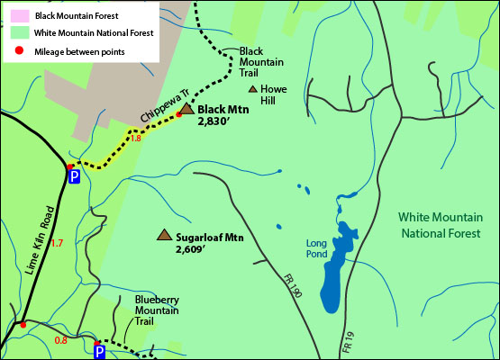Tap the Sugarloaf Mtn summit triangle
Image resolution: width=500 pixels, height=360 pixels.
click(x=164, y=235)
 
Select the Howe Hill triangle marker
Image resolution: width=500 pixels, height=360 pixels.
click(x=252, y=90)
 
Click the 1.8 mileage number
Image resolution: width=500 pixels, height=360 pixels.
click(x=136, y=139)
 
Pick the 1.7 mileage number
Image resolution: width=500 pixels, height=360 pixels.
click(x=57, y=243)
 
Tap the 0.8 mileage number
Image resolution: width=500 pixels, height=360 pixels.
click(x=61, y=340)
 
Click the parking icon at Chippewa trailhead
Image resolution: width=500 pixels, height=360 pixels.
click(x=75, y=178)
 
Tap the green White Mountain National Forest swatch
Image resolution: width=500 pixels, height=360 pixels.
click(x=15, y=33)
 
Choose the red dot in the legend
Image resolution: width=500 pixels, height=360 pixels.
click(x=15, y=51)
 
